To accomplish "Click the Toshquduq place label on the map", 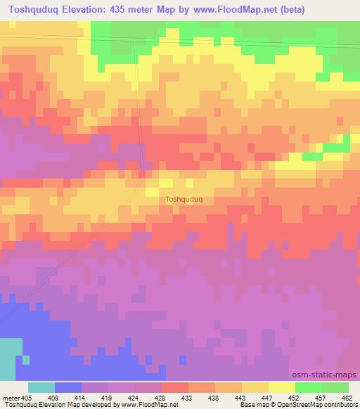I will coord(184,199).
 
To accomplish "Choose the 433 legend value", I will coord(188,398).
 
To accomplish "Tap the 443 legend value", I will coord(242,398).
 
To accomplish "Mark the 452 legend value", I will coord(295,398).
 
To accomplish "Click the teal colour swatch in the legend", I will coord(41,387).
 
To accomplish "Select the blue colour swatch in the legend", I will coord(68,387).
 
